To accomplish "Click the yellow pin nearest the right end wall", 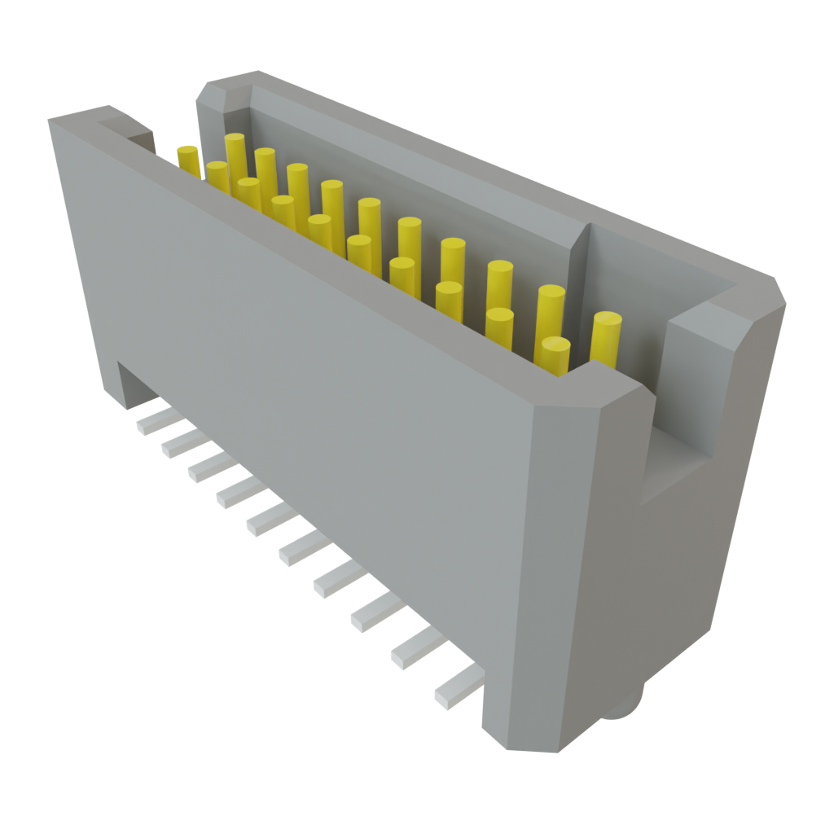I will tap(606, 337).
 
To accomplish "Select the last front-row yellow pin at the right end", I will tap(552, 353).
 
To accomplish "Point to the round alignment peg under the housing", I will tap(625, 705).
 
